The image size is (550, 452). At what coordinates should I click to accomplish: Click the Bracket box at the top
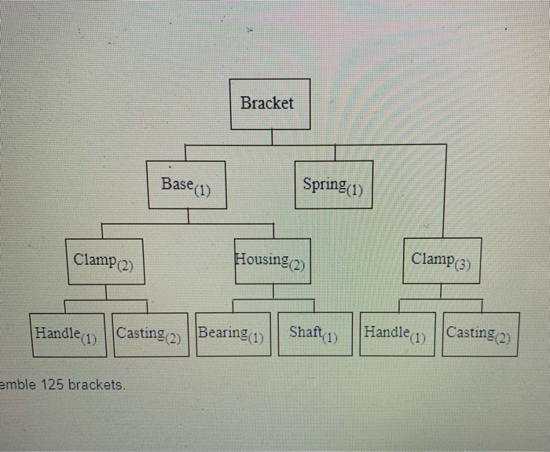266,104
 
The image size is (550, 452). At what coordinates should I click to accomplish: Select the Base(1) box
187,186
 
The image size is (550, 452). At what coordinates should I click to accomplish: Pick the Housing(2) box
271,261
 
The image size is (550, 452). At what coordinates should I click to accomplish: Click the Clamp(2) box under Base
104,261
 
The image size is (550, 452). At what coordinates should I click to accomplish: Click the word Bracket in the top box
266,103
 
